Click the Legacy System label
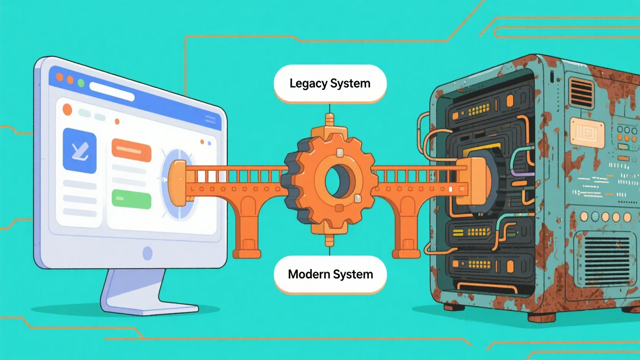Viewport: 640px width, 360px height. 330,83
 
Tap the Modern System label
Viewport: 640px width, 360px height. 330,274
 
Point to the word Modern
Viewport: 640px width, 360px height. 309,274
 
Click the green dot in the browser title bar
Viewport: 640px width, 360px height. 81,83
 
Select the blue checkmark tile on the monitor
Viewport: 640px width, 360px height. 80,150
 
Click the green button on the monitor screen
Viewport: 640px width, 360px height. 131,199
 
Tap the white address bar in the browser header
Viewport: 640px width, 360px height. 112,92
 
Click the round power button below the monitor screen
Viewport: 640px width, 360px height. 147,253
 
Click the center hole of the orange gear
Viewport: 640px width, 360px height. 334,181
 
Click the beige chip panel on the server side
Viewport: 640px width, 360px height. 587,133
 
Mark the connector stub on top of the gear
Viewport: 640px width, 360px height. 329,120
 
